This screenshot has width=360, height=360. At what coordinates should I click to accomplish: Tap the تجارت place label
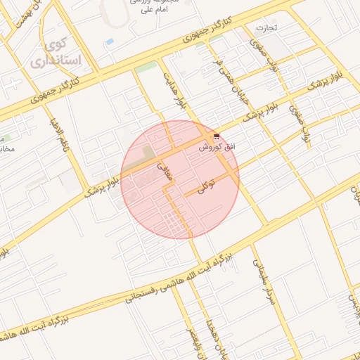267,28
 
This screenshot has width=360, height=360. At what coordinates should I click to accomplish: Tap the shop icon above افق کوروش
216,136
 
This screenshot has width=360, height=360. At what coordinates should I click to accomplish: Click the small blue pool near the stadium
109,42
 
